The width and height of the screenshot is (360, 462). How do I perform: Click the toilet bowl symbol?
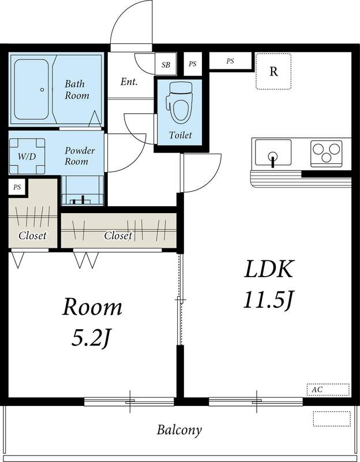[179, 103]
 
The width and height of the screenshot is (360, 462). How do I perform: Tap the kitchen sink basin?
[273, 152]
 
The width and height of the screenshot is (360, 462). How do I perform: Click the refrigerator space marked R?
[273, 71]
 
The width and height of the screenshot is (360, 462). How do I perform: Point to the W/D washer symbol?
[27, 156]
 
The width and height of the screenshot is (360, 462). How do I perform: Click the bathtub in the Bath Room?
[31, 90]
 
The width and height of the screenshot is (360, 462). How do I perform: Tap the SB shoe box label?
[166, 65]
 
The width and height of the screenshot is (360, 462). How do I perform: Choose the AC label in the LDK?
[317, 389]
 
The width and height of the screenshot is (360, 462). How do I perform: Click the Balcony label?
[179, 430]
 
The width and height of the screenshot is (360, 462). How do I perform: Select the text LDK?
[269, 269]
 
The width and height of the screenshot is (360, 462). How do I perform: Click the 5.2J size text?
[91, 339]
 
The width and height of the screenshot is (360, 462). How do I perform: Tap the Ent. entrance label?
[129, 81]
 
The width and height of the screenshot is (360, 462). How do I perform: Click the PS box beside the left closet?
[17, 187]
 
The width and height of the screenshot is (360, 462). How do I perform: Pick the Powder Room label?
[80, 156]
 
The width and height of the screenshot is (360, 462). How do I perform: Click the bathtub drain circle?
[42, 90]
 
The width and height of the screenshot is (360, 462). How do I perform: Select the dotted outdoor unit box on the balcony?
[332, 419]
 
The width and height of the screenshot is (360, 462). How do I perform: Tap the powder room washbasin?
[82, 191]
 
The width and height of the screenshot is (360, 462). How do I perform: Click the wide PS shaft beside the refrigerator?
[231, 61]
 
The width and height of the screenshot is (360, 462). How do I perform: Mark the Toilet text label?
[181, 135]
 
